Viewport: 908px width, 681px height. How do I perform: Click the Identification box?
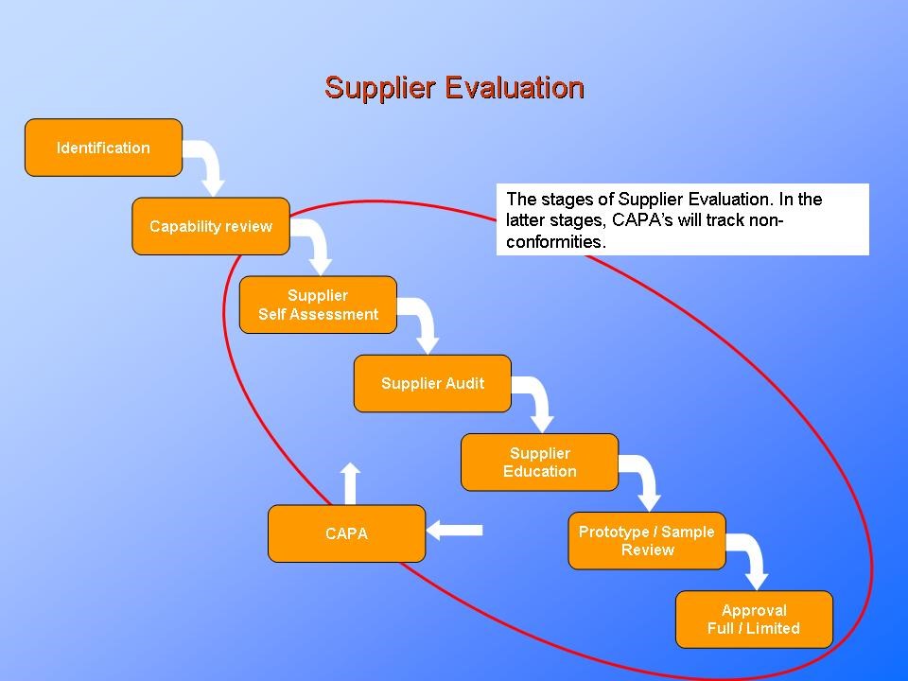103,148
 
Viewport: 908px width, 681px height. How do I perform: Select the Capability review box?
210,227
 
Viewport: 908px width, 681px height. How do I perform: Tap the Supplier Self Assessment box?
318,305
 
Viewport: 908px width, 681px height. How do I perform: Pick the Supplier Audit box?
432,383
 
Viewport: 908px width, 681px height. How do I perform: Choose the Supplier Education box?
539,463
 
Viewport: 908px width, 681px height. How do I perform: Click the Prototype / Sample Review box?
647,541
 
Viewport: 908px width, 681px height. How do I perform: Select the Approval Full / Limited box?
754,620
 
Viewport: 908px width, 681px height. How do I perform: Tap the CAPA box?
346,533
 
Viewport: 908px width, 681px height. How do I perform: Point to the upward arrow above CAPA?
351,482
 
